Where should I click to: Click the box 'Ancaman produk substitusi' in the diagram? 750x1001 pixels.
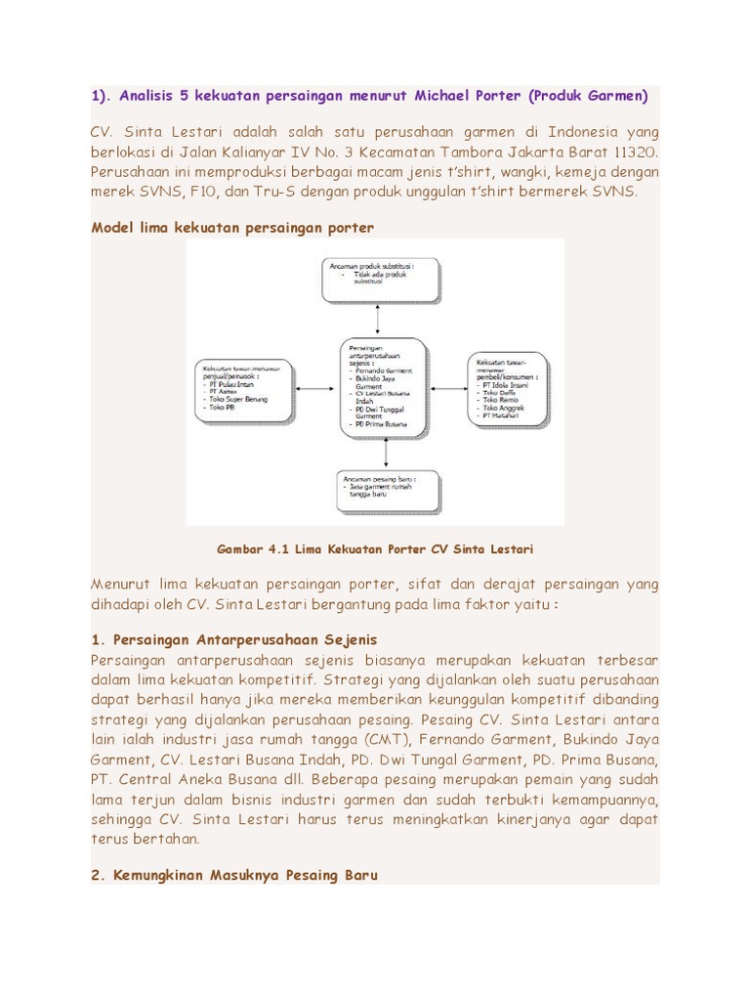tap(381, 279)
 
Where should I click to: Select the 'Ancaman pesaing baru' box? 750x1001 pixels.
tap(388, 491)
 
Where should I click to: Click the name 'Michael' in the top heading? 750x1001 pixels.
tap(445, 96)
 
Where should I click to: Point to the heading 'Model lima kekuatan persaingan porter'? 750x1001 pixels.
tap(232, 227)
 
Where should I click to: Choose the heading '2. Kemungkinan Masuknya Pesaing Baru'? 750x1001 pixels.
tap(233, 874)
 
